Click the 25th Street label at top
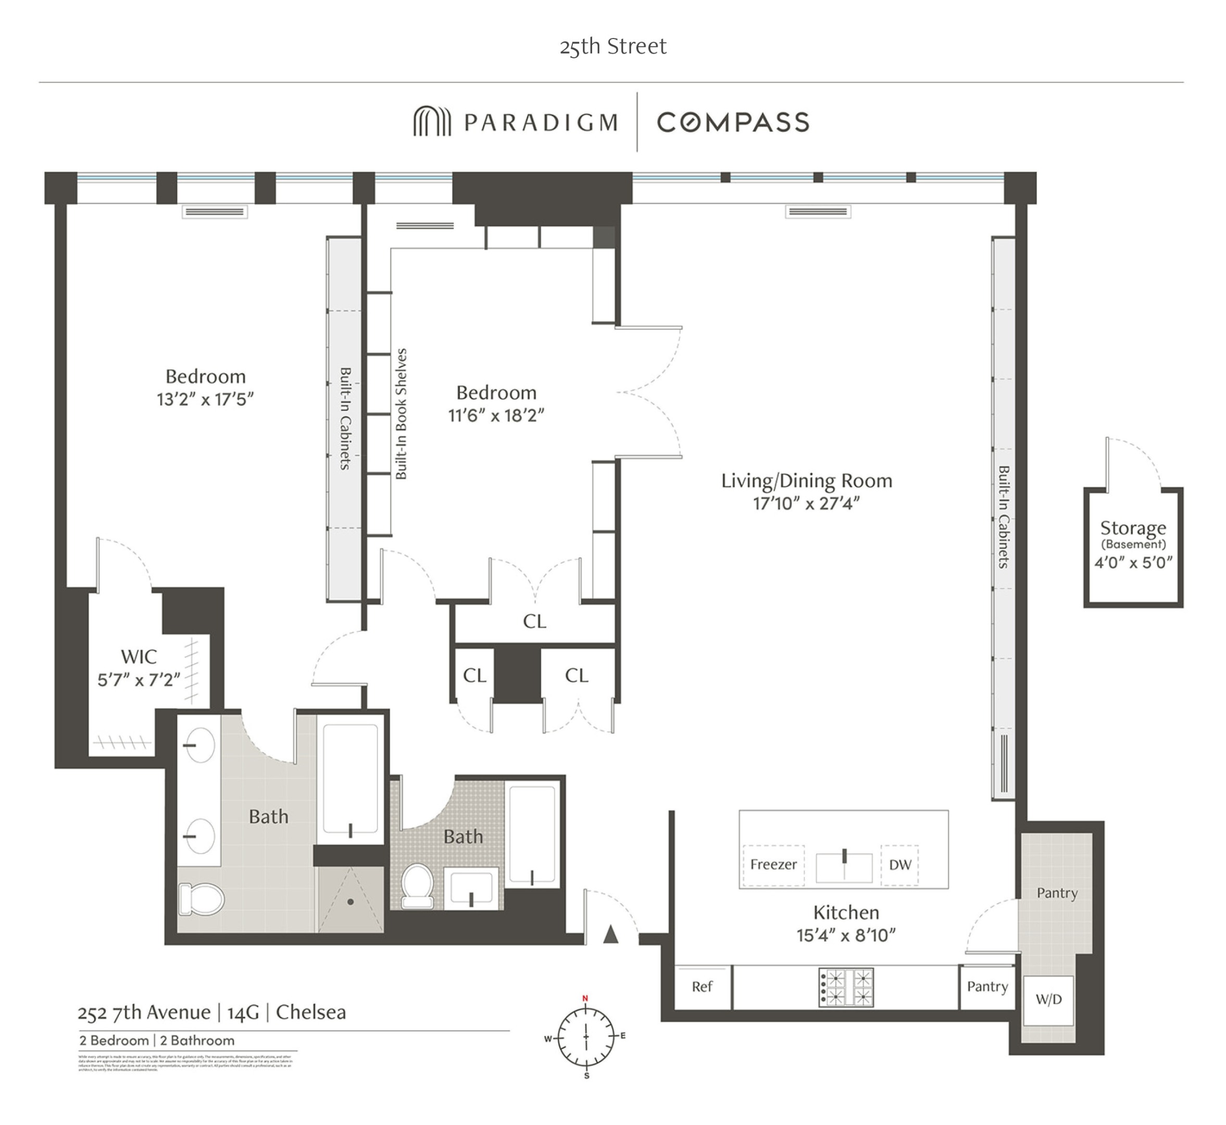[613, 46]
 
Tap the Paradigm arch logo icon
[432, 122]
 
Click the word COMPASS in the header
[733, 122]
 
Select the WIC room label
[139, 657]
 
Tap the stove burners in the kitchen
[846, 987]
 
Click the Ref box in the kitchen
[702, 987]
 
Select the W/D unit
[1048, 999]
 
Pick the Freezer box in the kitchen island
[773, 865]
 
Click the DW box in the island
[900, 865]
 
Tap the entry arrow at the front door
[610, 934]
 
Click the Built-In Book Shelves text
[401, 414]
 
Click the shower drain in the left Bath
[351, 902]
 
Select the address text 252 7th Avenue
[144, 1013]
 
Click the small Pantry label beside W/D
[987, 986]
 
